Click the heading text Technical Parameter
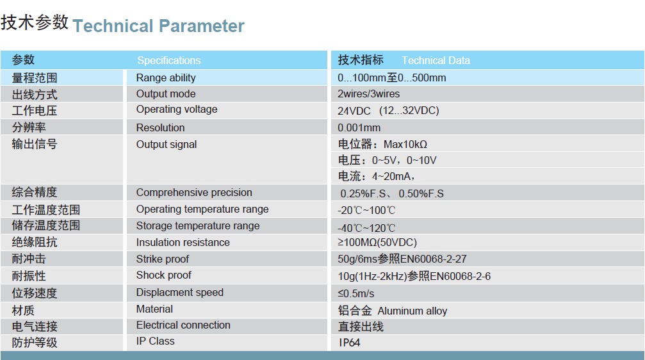158,26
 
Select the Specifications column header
169,60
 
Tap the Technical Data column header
436,60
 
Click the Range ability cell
166,78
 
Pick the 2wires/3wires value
368,94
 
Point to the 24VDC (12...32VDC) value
388,111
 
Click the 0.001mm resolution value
359,127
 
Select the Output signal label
166,144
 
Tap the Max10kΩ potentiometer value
405,144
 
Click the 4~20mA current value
391,177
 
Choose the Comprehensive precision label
194,193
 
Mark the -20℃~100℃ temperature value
366,210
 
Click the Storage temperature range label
198,226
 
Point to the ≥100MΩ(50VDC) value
377,242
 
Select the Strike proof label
163,259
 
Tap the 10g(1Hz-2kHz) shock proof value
372,276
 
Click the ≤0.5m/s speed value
356,293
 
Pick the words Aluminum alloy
412,311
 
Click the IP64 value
349,343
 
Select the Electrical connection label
183,325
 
